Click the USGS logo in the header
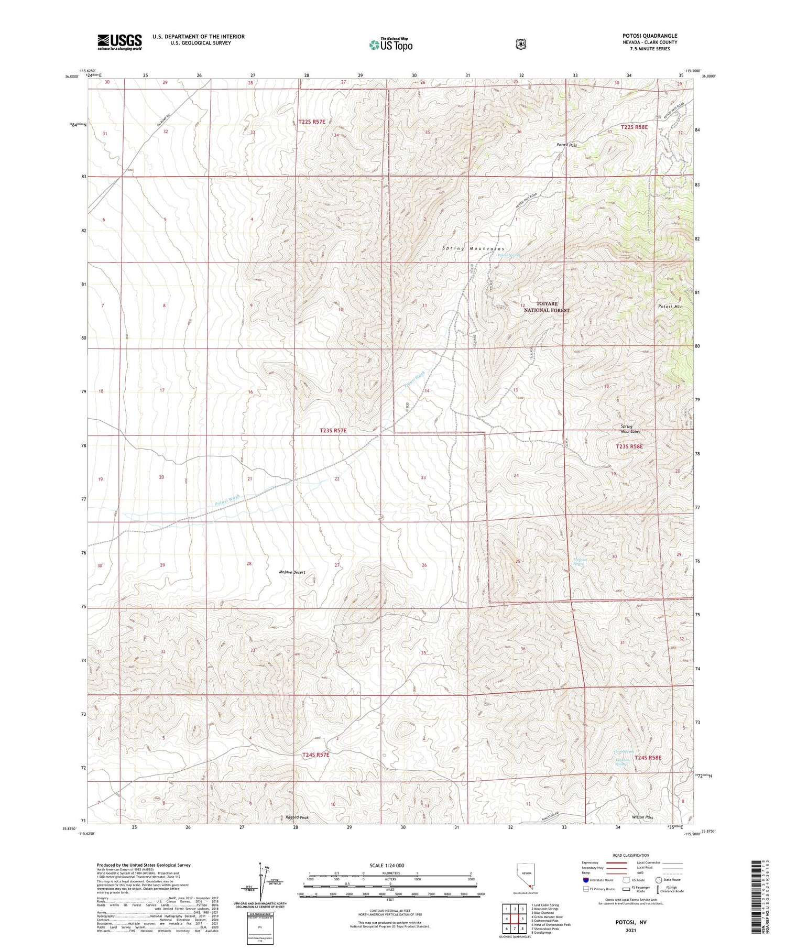pos(119,42)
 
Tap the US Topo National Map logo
pos(390,44)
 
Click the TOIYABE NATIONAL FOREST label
pos(547,307)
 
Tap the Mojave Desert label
pos(292,572)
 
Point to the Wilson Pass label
pos(642,817)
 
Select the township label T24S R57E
pos(316,755)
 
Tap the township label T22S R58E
pos(634,127)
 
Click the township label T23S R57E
pos(333,430)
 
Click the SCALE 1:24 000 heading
pos(387,865)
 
